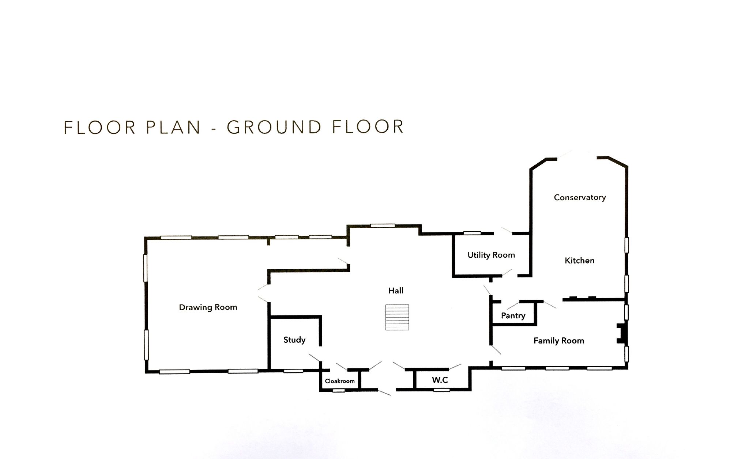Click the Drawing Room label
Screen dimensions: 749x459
click(208, 307)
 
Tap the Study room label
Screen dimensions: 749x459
click(294, 340)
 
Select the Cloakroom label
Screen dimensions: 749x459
click(340, 381)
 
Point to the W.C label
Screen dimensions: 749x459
click(440, 380)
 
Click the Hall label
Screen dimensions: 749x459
click(396, 291)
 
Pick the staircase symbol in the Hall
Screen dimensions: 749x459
click(397, 317)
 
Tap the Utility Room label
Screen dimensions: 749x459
click(491, 255)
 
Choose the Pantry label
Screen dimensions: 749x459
click(513, 316)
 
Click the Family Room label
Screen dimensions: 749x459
click(559, 341)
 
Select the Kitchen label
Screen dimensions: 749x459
click(580, 261)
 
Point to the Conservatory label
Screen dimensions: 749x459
click(580, 198)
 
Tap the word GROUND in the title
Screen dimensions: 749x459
click(274, 127)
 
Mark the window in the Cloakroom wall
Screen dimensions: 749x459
click(339, 391)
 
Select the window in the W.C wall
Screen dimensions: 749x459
click(442, 390)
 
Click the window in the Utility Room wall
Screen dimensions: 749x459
click(472, 233)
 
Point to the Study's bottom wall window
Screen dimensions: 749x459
click(293, 371)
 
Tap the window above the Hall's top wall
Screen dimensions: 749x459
click(383, 225)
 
